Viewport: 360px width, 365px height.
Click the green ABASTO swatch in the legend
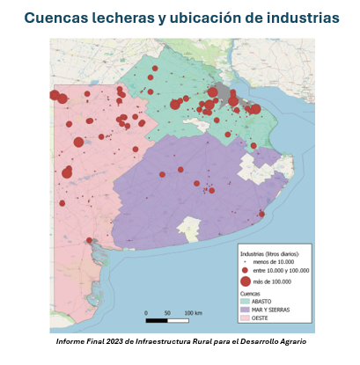tap(246, 302)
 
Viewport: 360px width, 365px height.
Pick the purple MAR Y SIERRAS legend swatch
tap(246, 310)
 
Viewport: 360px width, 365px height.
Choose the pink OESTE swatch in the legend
tap(246, 318)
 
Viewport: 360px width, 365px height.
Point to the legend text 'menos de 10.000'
tap(276, 262)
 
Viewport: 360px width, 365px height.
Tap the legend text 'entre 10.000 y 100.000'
tap(282, 271)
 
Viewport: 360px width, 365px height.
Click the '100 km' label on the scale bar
tap(193, 312)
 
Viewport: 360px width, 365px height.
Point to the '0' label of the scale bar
tap(146, 312)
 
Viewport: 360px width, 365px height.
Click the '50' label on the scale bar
tap(167, 312)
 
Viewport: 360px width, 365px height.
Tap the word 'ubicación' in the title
tap(205, 18)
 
